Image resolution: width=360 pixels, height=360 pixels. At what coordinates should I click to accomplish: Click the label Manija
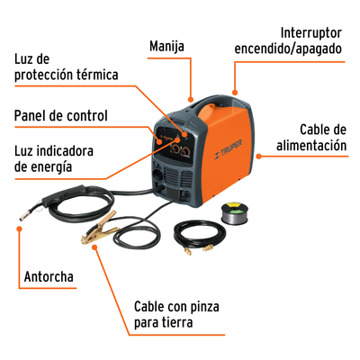(x=166, y=46)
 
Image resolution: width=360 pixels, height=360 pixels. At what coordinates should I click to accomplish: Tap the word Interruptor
(x=311, y=33)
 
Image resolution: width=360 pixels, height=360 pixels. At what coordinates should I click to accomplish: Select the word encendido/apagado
(x=288, y=49)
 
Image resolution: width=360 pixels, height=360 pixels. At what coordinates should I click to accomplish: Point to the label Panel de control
(x=61, y=115)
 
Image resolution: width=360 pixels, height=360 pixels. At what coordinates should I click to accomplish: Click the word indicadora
(x=65, y=151)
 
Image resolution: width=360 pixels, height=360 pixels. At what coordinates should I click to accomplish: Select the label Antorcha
(x=49, y=276)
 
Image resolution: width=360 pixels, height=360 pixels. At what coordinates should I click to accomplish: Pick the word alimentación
(x=311, y=146)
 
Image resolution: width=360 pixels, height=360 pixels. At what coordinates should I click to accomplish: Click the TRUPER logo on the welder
(x=228, y=148)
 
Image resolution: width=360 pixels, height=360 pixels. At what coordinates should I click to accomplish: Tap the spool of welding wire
(x=235, y=213)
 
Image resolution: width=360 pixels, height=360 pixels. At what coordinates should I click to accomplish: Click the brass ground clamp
(x=99, y=227)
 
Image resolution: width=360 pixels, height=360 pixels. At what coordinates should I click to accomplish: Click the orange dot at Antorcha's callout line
(x=20, y=229)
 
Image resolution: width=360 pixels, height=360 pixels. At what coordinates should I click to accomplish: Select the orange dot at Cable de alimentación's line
(x=258, y=156)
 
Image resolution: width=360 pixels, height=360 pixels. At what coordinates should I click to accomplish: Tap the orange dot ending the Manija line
(x=190, y=99)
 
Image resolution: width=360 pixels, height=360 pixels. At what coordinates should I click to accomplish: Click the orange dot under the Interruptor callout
(x=235, y=93)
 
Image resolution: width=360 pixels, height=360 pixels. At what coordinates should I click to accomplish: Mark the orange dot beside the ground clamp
(x=94, y=247)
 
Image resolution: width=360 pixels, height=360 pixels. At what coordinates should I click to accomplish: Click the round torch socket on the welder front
(x=157, y=175)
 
